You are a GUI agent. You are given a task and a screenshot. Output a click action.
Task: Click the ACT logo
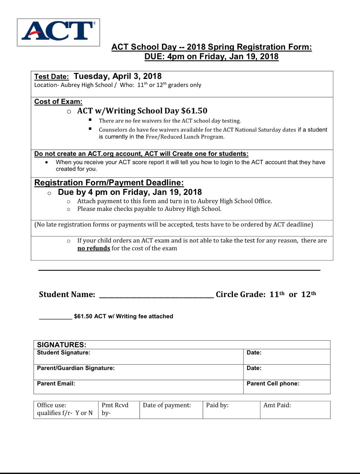point(59,32)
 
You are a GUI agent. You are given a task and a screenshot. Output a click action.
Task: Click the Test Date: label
point(51,77)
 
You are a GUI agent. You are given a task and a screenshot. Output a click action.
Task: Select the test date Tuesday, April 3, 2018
point(118,76)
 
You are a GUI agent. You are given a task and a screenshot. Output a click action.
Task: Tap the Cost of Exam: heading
point(58,102)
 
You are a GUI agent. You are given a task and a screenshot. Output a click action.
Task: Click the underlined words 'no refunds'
point(94,248)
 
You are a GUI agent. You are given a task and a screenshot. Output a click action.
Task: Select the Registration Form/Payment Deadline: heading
point(109,183)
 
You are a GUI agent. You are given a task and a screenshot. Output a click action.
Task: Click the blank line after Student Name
point(156,295)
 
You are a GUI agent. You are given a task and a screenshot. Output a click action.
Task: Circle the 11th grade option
point(277,294)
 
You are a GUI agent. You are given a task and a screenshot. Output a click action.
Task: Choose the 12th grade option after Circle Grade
point(308,294)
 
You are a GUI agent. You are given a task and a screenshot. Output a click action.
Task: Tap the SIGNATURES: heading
point(62,345)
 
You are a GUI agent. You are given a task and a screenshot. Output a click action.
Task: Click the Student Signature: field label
point(64,353)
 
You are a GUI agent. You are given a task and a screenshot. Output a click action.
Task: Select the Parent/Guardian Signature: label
point(76,368)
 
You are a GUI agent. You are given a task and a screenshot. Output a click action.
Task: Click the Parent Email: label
point(56,384)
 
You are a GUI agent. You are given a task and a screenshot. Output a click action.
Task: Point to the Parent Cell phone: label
point(273,384)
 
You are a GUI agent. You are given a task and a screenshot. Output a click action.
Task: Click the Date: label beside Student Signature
point(254,353)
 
